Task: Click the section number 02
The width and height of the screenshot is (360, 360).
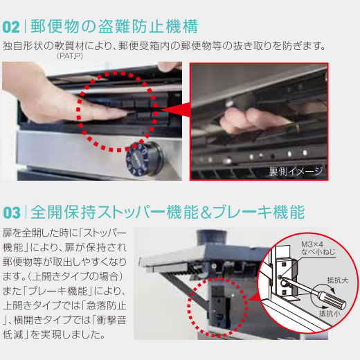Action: click(12, 28)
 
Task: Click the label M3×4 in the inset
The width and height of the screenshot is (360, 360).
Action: click(312, 244)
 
